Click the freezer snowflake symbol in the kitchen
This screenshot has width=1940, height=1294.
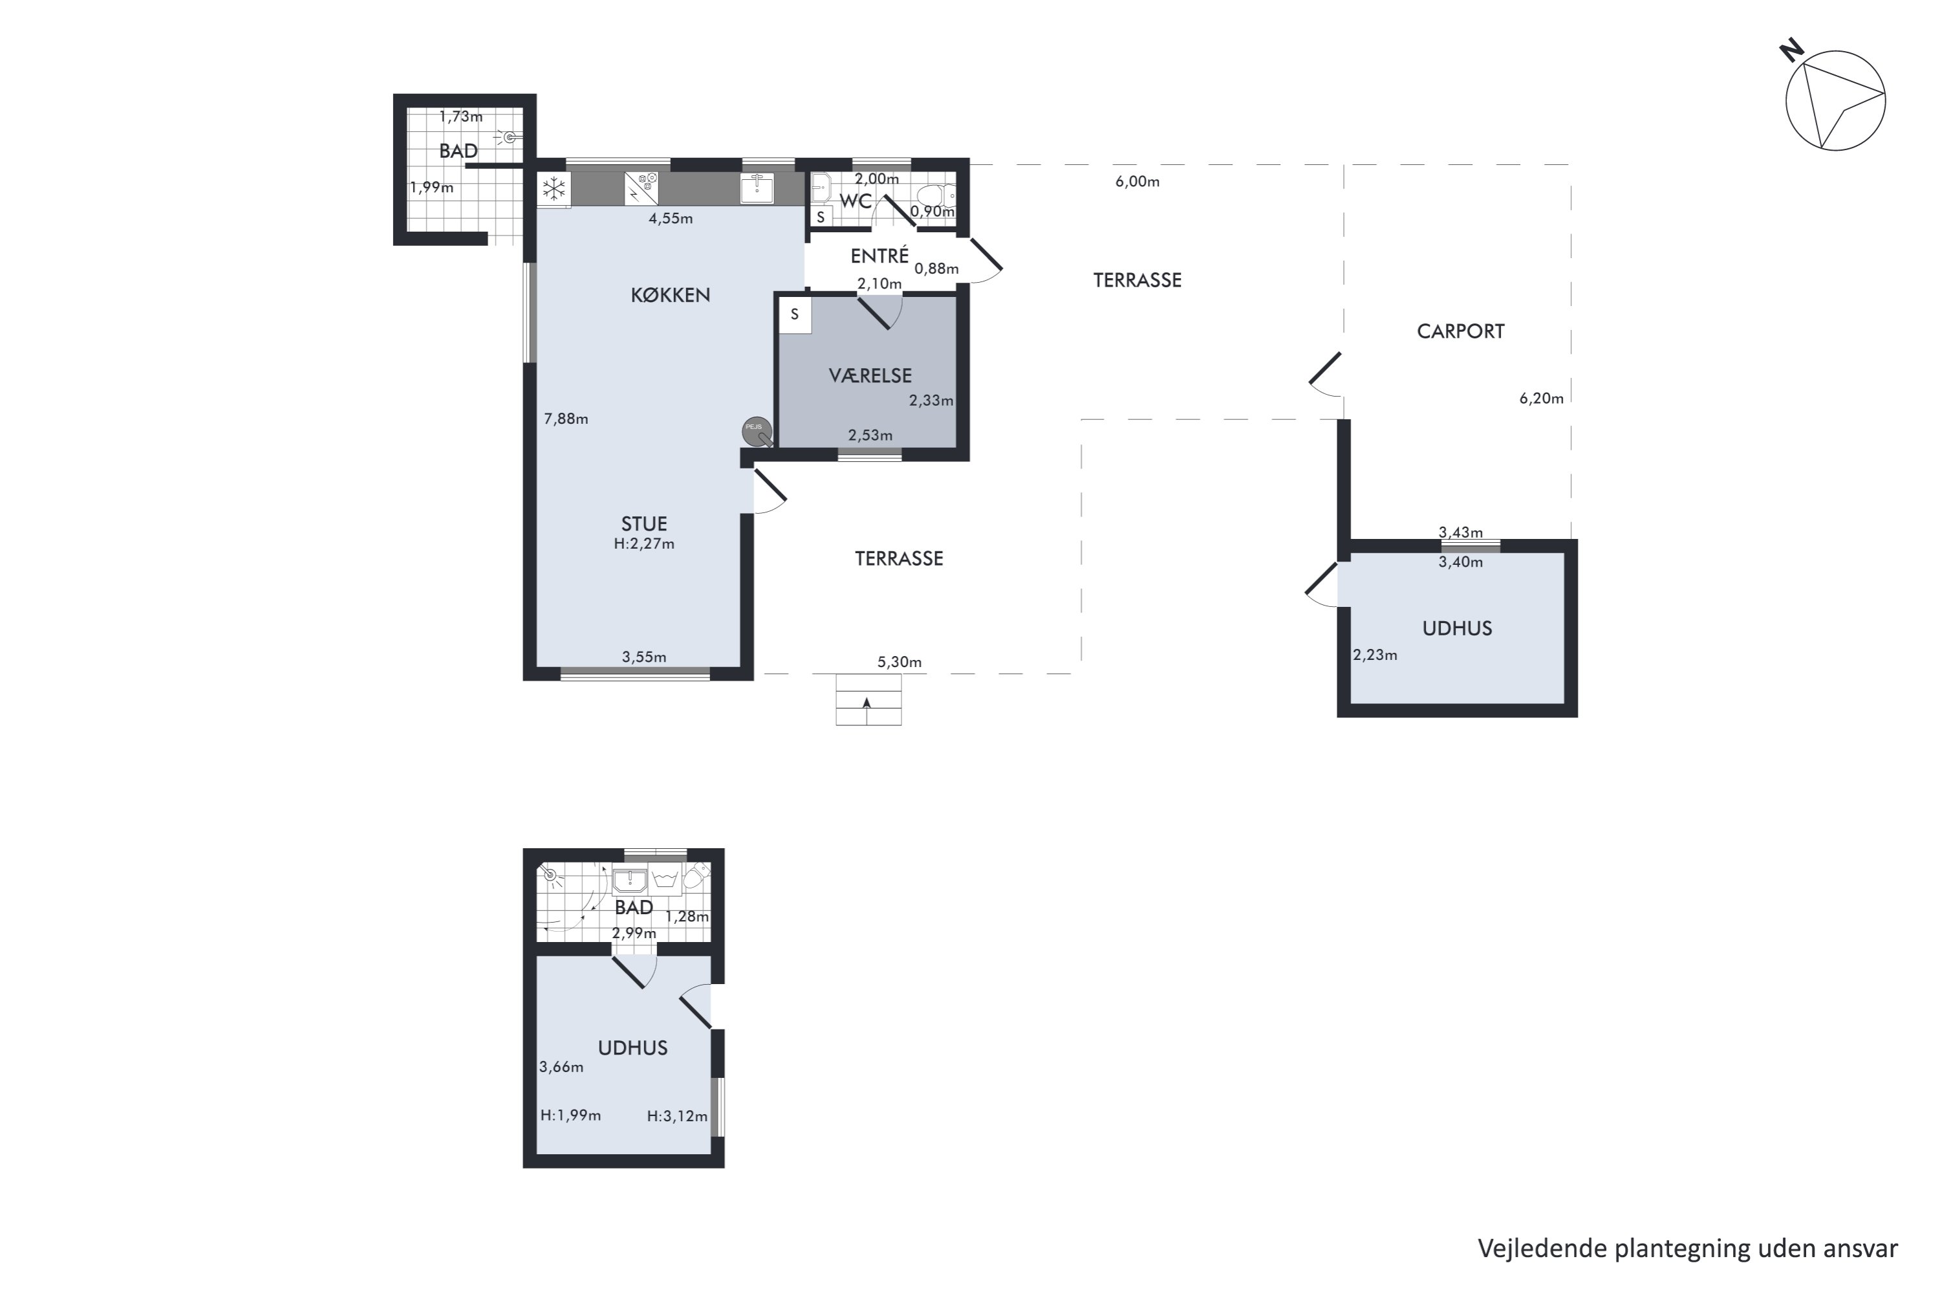(554, 190)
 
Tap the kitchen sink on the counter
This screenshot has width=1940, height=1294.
(757, 188)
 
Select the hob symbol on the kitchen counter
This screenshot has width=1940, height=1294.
(641, 188)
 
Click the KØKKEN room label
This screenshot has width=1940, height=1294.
(670, 294)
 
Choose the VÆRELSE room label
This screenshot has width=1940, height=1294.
(870, 375)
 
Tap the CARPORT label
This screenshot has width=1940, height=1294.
(1460, 331)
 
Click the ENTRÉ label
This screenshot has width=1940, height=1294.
(879, 255)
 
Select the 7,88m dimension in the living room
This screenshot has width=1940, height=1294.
(566, 419)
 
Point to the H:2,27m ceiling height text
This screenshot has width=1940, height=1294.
(644, 544)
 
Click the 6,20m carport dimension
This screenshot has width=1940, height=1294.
(1541, 398)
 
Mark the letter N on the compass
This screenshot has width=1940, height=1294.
(1791, 51)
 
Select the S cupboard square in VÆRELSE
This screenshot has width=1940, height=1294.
(794, 314)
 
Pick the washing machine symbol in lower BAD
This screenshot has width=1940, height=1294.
(665, 879)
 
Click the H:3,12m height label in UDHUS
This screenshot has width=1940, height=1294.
(676, 1115)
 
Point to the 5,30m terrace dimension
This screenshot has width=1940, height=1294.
(899, 662)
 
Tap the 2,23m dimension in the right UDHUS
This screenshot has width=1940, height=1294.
(1374, 655)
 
